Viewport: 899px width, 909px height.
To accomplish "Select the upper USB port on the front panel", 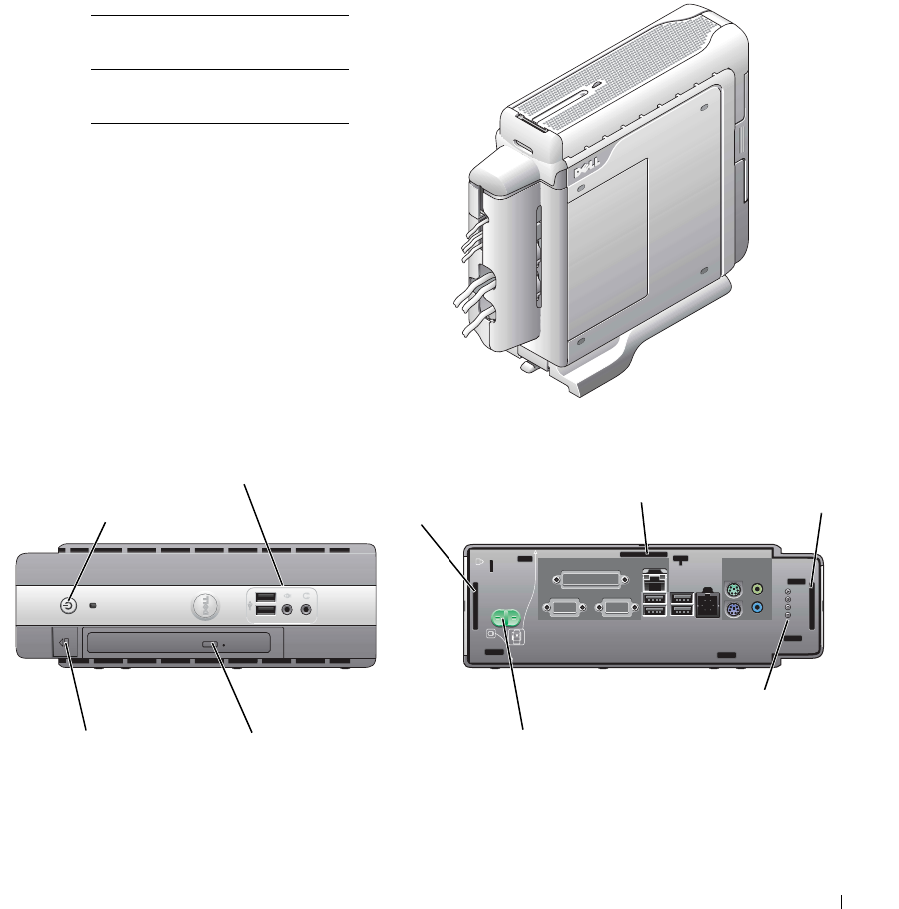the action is point(265,598).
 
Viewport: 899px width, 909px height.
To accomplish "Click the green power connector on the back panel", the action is point(507,620).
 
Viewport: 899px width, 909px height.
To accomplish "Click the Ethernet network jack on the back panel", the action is point(654,579).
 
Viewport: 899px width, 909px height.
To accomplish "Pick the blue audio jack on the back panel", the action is point(758,608).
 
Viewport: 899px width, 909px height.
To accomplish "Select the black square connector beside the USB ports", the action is point(708,604).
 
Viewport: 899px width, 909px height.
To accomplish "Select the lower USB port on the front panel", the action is point(265,610).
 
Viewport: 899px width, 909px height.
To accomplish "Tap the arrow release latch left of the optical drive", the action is point(66,644).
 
